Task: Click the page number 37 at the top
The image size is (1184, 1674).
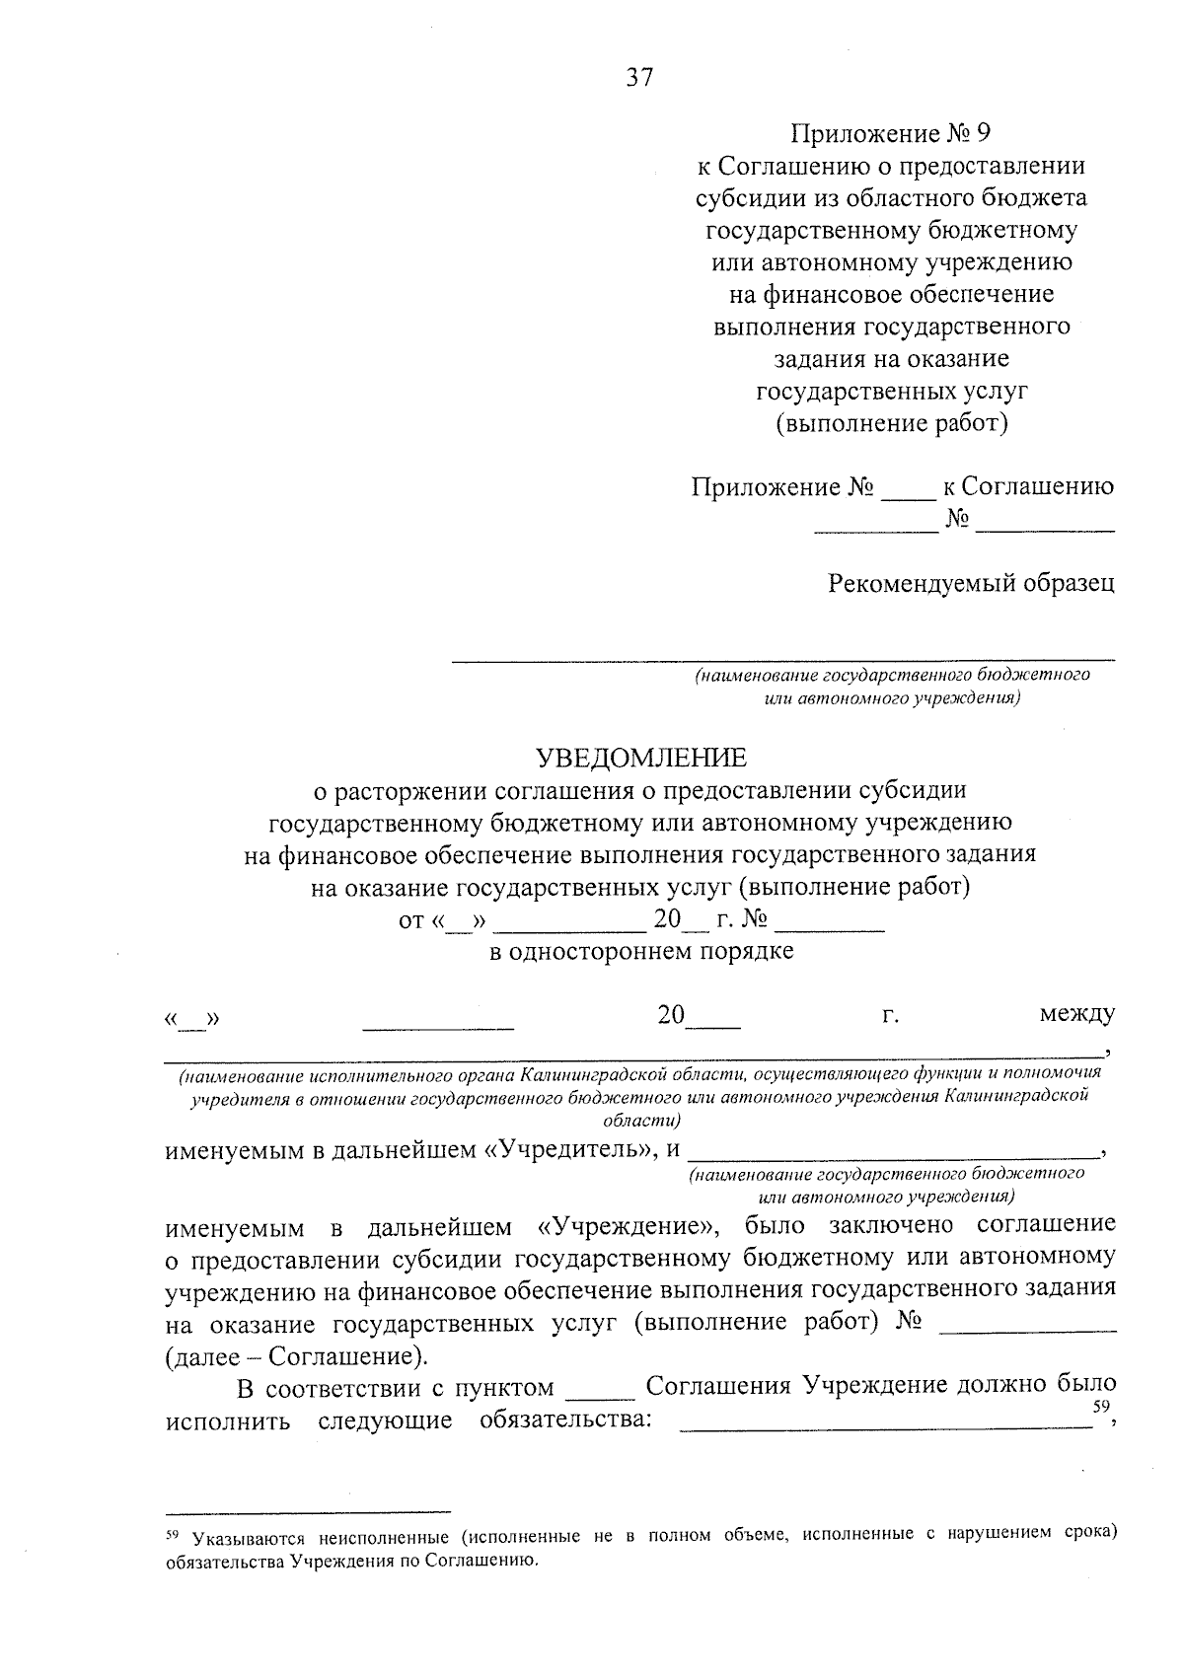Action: coord(639,78)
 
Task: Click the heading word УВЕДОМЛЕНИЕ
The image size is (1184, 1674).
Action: coord(641,758)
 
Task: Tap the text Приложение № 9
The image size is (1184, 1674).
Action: coord(890,134)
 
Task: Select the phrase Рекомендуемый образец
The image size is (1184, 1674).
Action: coord(971,583)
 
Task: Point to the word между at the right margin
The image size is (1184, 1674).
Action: coord(1076,1014)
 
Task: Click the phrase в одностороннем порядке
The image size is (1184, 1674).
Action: coord(641,952)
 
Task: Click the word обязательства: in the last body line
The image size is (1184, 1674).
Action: coord(565,1420)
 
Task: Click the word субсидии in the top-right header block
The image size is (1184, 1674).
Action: coord(746,197)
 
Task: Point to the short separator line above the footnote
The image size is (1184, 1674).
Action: coord(308,1510)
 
